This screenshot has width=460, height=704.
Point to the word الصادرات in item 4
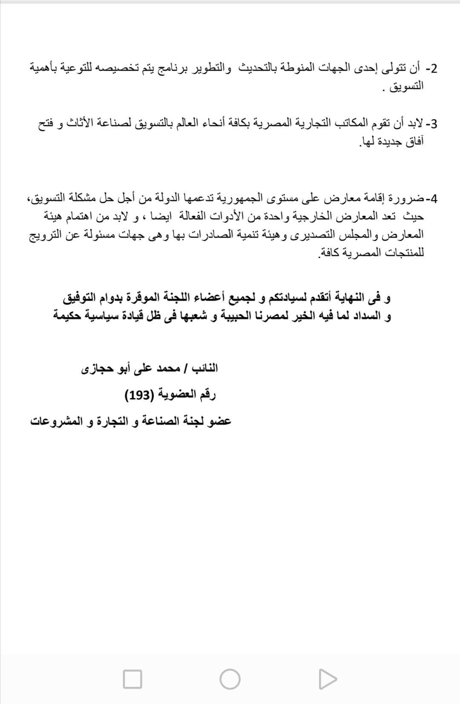click(x=206, y=235)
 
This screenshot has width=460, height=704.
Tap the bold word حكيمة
click(x=69, y=316)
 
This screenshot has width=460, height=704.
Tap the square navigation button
click(x=132, y=679)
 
